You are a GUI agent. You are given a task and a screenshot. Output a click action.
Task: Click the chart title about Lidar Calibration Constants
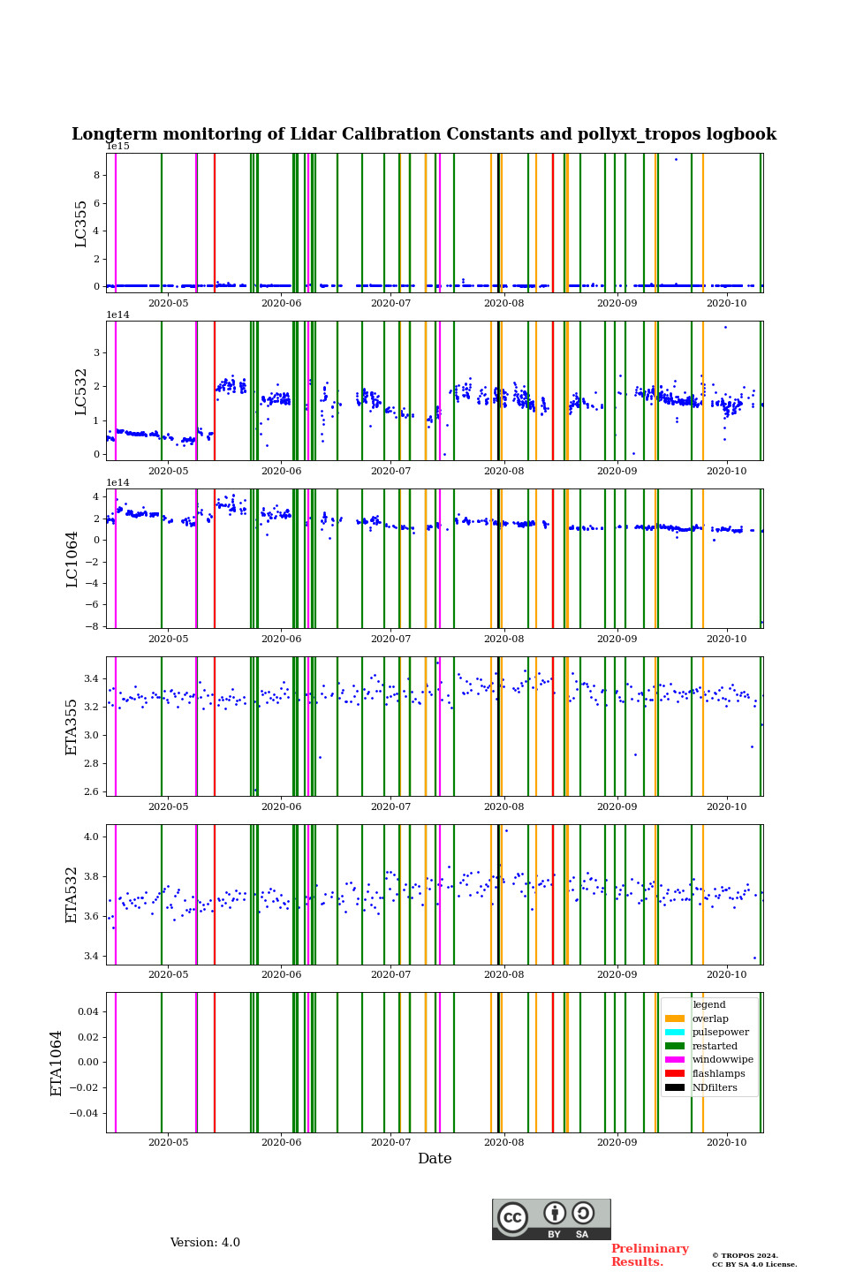coord(424,134)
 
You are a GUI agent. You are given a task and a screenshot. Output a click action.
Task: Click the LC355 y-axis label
coord(81,223)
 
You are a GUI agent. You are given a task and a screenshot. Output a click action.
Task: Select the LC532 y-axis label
coord(81,391)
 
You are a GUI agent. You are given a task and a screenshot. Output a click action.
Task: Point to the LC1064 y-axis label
coord(72,559)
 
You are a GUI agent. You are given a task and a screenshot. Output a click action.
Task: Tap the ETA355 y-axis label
coord(72,727)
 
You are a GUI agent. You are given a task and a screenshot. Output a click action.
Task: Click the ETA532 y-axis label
coord(72,895)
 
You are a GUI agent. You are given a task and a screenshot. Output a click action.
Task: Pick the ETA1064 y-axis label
coord(57,1063)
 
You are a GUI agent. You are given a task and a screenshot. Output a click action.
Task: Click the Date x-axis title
coord(435,1159)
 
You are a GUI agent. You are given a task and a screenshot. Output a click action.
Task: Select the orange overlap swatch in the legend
coord(675,1018)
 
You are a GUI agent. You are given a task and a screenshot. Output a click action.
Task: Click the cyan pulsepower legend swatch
coord(675,1033)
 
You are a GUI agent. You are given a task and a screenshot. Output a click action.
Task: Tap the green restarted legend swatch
coord(675,1046)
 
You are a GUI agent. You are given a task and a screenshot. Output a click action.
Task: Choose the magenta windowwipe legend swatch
coord(675,1060)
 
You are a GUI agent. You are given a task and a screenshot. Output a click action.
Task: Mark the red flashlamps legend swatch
coord(675,1074)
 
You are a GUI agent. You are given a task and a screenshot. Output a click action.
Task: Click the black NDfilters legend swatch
coord(675,1087)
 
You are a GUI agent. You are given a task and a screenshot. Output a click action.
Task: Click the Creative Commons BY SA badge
coord(551,1219)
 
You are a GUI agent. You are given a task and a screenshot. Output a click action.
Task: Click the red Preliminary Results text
coord(649,1255)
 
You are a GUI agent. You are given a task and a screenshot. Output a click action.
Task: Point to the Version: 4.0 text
coord(205,1243)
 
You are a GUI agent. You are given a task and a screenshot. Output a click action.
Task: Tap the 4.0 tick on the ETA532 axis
coord(91,837)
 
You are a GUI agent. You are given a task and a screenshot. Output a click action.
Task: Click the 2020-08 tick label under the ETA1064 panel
coord(504,1143)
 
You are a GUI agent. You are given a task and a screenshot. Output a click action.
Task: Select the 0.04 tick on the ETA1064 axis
coord(87,1011)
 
